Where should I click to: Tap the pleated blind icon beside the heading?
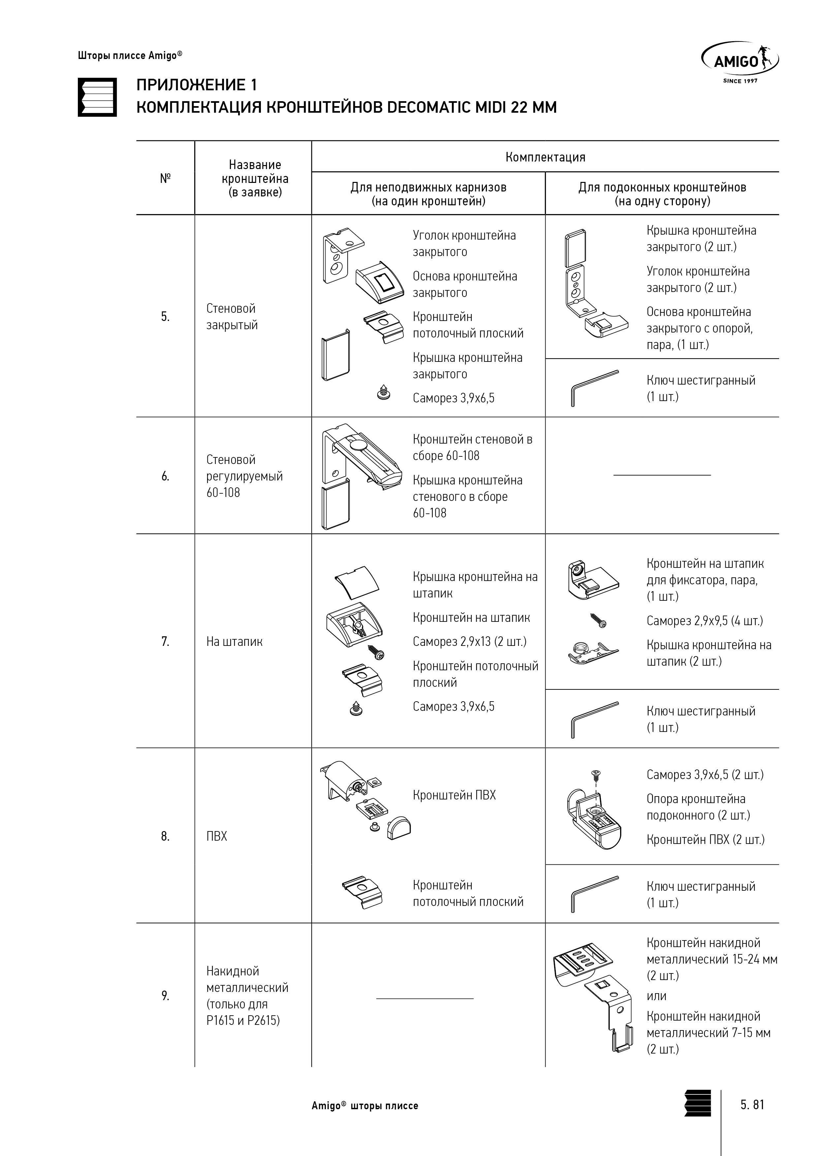(97, 97)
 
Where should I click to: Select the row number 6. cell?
(165, 476)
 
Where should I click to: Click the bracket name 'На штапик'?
(235, 642)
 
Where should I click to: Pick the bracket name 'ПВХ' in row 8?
(217, 836)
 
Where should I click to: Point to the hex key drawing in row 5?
(595, 387)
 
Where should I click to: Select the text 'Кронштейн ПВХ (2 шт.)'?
(706, 839)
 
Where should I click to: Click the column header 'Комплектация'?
(545, 157)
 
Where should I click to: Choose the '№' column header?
(165, 178)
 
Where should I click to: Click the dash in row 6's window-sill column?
(662, 475)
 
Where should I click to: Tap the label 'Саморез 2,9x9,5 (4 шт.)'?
(705, 621)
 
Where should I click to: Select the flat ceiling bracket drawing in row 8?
(362, 894)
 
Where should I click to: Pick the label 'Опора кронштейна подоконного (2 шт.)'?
(698, 807)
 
